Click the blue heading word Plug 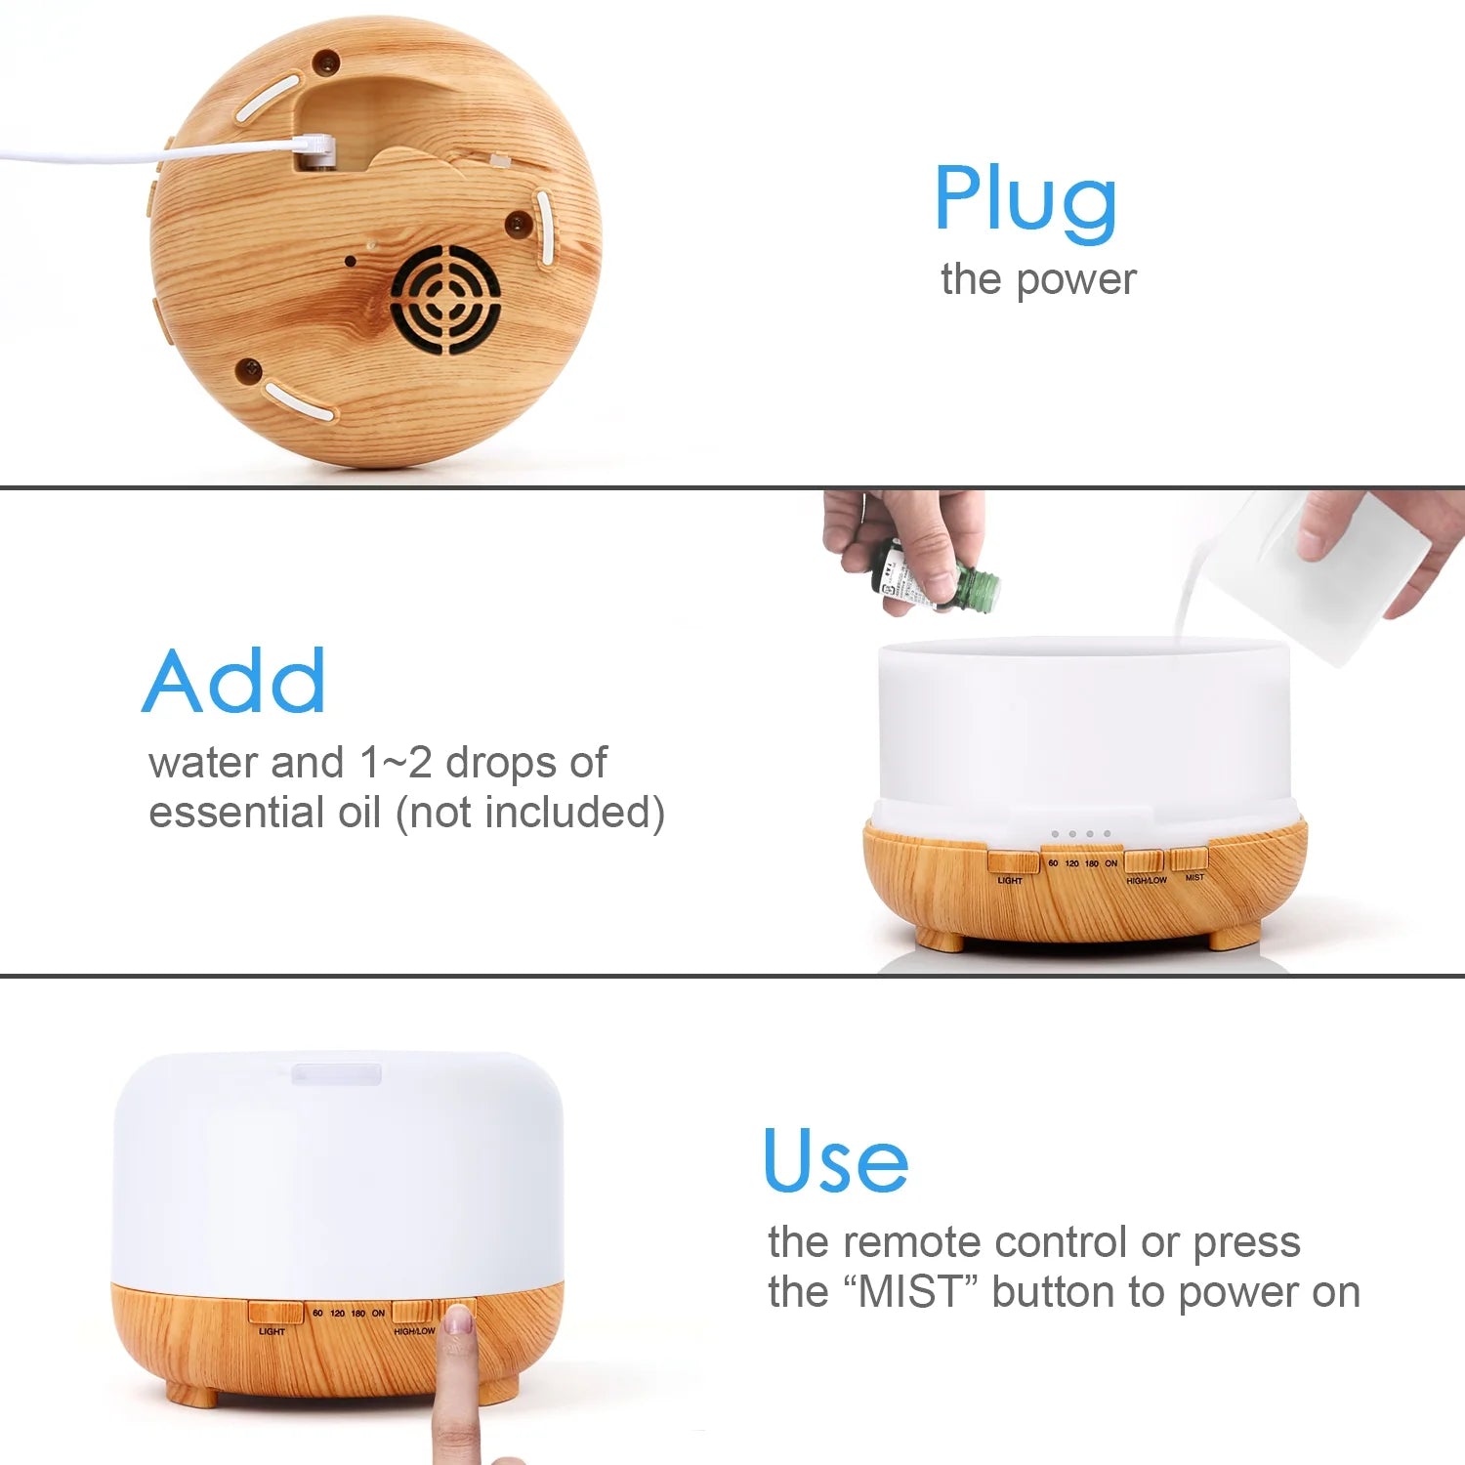pyautogui.click(x=1025, y=200)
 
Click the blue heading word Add pyautogui.click(x=234, y=682)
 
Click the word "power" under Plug pyautogui.click(x=1075, y=280)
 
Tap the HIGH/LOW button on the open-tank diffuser pyautogui.click(x=1143, y=861)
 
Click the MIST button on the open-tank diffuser pyautogui.click(x=1189, y=858)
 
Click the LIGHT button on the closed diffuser pyautogui.click(x=274, y=1312)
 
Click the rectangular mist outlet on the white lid pyautogui.click(x=337, y=1073)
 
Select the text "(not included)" pyautogui.click(x=530, y=813)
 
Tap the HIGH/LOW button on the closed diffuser pyautogui.click(x=411, y=1312)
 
